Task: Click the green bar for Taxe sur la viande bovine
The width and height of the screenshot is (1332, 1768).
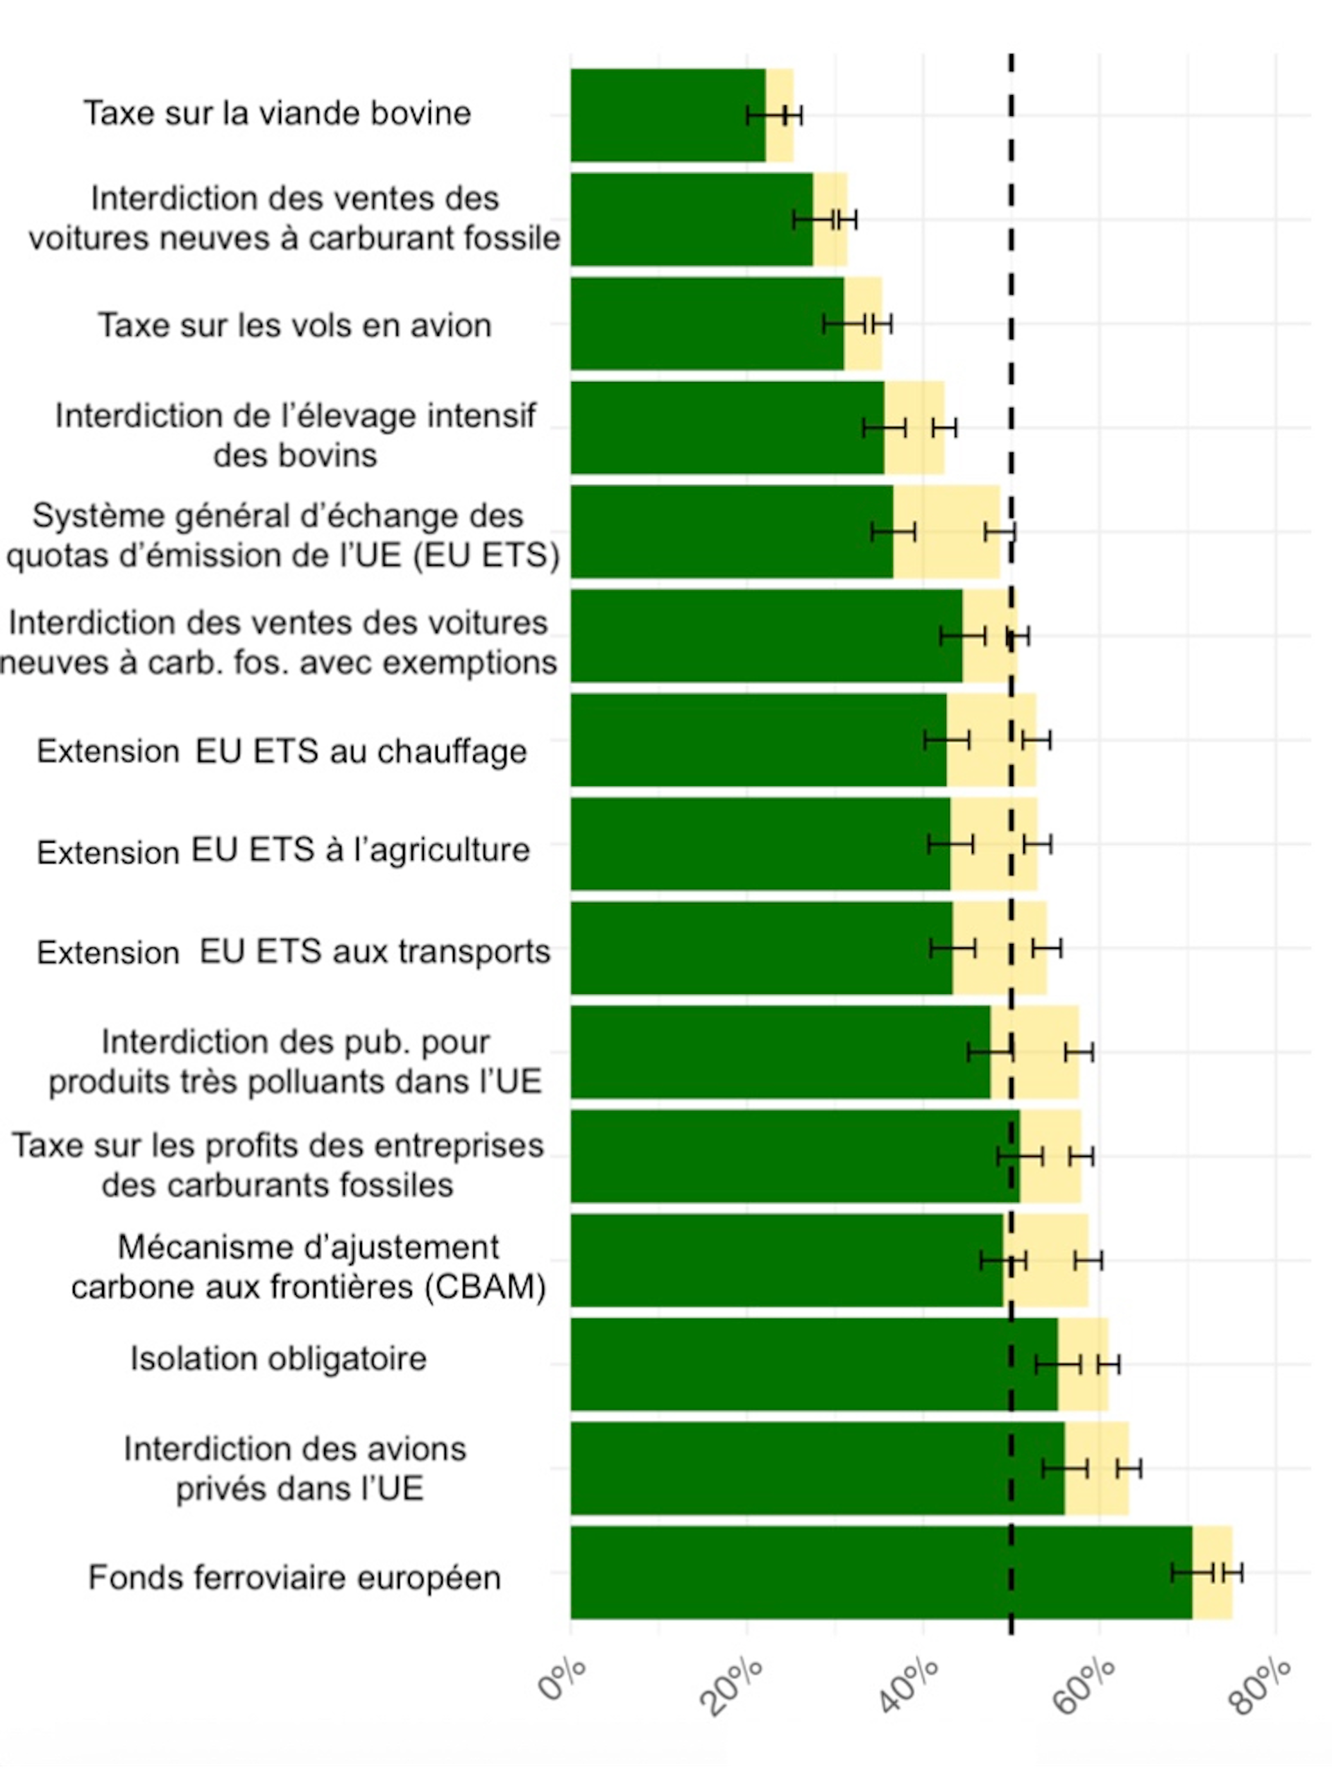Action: [x=667, y=116]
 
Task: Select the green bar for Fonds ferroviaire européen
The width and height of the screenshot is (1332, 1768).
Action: [x=880, y=1572]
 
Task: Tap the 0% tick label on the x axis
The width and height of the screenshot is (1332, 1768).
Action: [x=562, y=1679]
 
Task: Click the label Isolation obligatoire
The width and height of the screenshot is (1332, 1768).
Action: [x=278, y=1358]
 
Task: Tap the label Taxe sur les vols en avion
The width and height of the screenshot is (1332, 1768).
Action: [x=294, y=325]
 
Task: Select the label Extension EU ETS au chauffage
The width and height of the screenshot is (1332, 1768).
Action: [x=282, y=750]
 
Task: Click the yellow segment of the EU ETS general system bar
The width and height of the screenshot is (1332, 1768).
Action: [x=947, y=531]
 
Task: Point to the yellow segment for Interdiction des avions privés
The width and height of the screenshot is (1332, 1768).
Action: [x=1096, y=1468]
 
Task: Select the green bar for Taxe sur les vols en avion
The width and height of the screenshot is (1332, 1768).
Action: [x=707, y=324]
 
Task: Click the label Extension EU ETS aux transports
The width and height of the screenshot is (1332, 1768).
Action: [x=293, y=951]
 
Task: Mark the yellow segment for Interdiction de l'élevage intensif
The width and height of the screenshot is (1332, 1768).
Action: [x=914, y=428]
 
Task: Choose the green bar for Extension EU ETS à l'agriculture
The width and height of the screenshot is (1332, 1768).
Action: [x=760, y=844]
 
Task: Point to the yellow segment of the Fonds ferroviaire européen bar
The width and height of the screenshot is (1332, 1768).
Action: [x=1212, y=1572]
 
